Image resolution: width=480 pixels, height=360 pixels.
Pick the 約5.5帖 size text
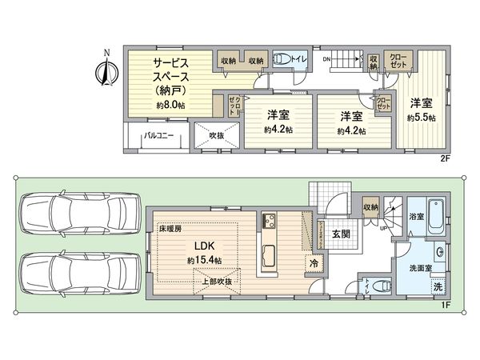coord(420,118)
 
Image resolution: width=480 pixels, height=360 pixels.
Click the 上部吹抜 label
coord(217,281)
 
